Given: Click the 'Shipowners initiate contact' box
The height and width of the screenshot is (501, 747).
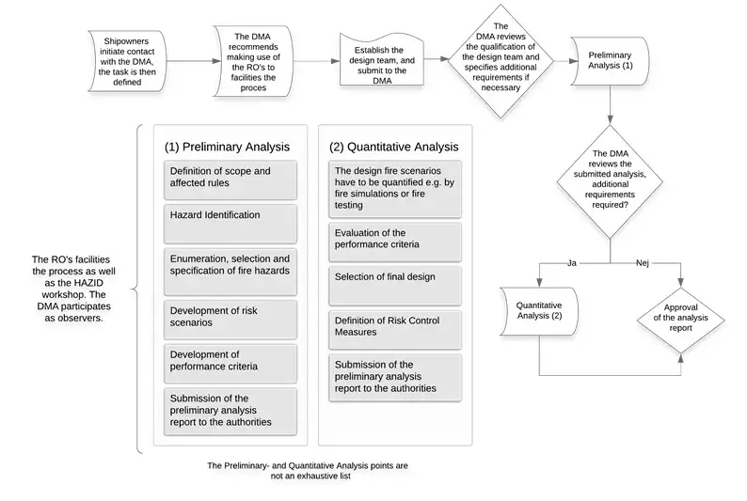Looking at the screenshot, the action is [x=127, y=61].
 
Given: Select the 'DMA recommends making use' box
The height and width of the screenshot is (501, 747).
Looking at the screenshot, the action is [x=253, y=61].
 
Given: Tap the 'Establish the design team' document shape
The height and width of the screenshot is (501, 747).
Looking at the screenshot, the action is [x=382, y=60].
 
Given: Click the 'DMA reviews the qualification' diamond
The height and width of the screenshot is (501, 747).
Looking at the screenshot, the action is [x=501, y=61].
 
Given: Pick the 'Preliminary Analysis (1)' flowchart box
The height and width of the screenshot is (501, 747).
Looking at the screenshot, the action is [x=610, y=61].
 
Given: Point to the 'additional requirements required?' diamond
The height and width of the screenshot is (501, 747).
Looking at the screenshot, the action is [x=610, y=181].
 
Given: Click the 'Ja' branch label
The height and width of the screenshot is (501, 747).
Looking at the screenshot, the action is [x=572, y=263].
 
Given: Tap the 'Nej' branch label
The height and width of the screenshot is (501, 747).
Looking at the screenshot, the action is [x=643, y=263].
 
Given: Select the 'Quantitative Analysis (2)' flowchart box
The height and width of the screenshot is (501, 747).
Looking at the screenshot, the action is [x=539, y=311].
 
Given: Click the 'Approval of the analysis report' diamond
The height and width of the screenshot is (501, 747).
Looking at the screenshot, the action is [x=680, y=321].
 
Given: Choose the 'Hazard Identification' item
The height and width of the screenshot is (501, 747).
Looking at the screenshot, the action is [x=230, y=224].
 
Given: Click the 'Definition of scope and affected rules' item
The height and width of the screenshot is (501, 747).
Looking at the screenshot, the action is [x=230, y=180].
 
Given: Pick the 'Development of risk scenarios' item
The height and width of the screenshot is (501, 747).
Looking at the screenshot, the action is [x=230, y=320].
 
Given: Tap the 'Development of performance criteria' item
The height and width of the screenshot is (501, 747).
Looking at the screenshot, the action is [x=230, y=364].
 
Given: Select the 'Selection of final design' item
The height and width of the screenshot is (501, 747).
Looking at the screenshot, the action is [x=395, y=286].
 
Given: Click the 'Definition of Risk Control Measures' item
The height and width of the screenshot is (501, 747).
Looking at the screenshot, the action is [x=395, y=330].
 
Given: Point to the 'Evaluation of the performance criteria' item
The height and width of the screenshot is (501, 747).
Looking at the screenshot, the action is [x=395, y=243].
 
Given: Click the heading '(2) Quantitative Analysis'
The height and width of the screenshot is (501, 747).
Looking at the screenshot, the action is [x=394, y=147].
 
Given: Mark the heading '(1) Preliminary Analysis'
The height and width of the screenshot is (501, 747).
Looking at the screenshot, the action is [x=228, y=147].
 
